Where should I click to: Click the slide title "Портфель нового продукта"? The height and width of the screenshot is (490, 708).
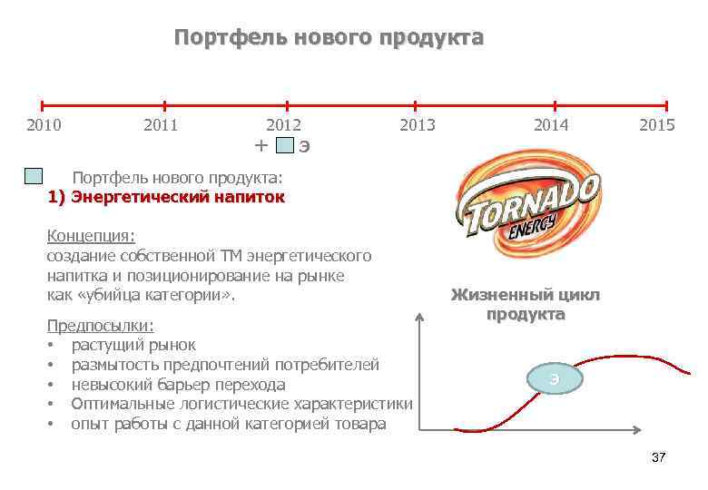[329, 38]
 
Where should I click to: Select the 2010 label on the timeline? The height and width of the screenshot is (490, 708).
[44, 125]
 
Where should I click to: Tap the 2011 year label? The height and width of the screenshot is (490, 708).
[161, 125]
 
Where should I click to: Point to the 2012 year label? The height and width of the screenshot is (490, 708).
[283, 125]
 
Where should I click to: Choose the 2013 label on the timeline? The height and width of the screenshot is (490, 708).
[418, 125]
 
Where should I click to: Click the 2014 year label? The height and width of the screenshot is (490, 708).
[551, 125]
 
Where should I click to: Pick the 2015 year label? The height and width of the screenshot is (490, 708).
[657, 125]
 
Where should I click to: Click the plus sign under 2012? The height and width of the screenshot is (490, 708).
[261, 145]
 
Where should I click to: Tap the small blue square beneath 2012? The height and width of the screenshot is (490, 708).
[285, 145]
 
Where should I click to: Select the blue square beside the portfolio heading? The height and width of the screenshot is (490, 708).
[34, 176]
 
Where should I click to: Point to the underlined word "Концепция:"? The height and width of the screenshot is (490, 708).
[91, 236]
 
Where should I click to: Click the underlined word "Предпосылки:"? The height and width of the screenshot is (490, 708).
[100, 326]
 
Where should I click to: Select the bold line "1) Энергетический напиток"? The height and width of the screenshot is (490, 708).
[166, 196]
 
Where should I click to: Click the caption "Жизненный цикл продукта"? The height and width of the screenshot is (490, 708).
[526, 305]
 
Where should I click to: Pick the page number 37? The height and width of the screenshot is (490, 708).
[658, 457]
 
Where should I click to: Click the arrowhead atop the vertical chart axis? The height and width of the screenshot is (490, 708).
[420, 318]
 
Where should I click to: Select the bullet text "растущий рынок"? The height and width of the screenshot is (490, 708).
[133, 345]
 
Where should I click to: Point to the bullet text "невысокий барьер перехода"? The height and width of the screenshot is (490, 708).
[178, 385]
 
